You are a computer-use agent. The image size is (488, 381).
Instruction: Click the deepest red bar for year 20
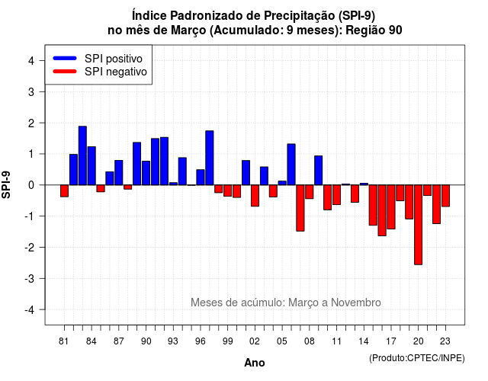click(x=419, y=225)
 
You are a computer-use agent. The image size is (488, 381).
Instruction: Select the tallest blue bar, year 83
click(x=82, y=155)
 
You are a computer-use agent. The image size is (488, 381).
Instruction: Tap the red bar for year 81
click(x=64, y=190)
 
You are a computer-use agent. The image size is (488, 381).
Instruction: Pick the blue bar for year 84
click(x=91, y=166)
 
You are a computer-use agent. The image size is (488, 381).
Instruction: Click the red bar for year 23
click(x=445, y=196)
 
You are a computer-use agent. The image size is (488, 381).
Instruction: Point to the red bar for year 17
click(x=391, y=207)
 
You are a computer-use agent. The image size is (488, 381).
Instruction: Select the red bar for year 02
click(x=255, y=196)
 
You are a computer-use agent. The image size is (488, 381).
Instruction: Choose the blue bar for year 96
click(x=201, y=178)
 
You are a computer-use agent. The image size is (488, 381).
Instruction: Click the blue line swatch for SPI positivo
click(x=65, y=58)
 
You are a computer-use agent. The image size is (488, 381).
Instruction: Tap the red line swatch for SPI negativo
click(x=65, y=71)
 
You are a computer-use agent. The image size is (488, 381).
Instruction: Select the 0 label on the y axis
click(x=31, y=185)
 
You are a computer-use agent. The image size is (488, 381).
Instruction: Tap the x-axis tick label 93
click(x=173, y=341)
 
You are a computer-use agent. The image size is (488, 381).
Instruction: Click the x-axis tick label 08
click(x=310, y=341)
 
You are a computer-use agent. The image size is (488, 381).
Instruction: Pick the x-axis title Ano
click(x=255, y=363)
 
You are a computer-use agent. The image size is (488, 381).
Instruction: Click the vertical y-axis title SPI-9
click(x=6, y=184)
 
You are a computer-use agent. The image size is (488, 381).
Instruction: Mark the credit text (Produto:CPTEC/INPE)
click(x=417, y=358)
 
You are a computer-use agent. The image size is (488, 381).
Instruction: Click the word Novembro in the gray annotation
click(x=356, y=303)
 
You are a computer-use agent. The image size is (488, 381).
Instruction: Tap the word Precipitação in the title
click(x=300, y=15)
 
